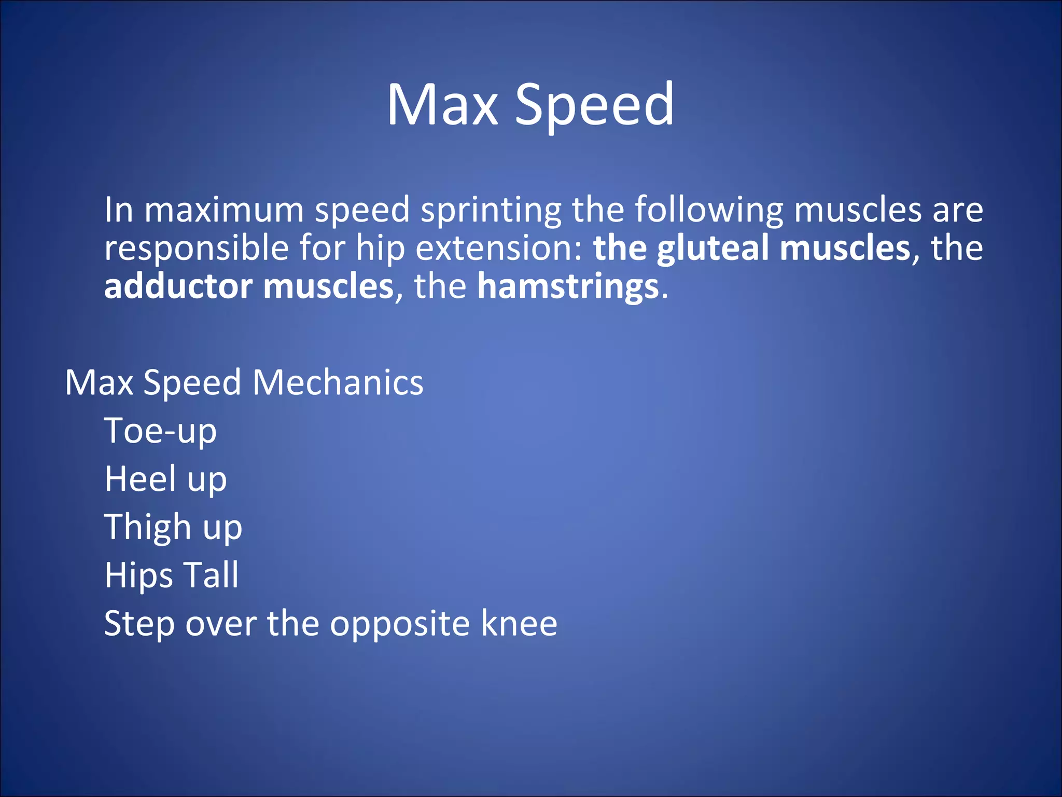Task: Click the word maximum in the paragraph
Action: tap(223, 210)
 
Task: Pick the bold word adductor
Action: tap(178, 286)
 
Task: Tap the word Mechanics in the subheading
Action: tap(338, 382)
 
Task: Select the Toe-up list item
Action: tap(160, 431)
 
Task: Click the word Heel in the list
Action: tap(140, 478)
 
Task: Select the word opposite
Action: tap(400, 624)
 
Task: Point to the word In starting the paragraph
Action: tap(119, 210)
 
